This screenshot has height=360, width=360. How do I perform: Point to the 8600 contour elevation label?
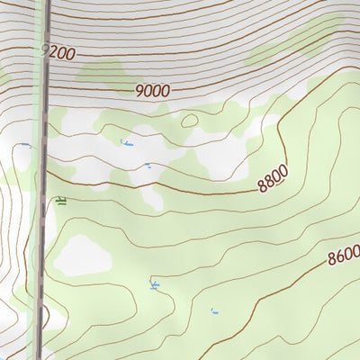343,256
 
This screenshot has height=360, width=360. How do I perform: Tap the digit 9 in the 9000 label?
140,91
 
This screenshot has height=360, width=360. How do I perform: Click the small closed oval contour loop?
189,121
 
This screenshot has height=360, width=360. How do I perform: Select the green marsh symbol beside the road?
60,201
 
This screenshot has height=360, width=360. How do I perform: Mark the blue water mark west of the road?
25,144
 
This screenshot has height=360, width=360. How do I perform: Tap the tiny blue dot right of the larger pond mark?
148,165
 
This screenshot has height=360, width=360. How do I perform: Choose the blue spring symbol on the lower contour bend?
154,285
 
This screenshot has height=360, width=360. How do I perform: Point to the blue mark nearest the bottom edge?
214,311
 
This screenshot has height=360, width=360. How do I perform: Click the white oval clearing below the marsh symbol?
83,256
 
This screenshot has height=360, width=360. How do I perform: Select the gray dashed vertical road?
41,225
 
